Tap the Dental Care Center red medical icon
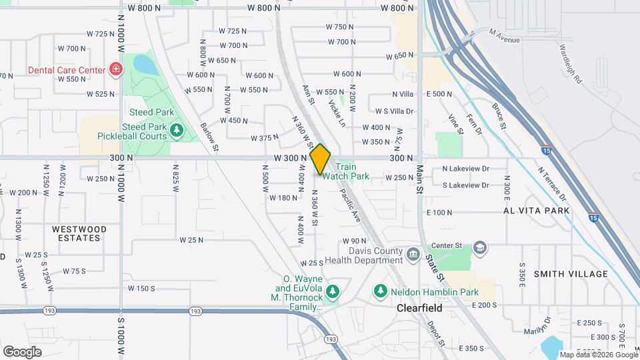116,69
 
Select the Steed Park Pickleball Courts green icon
177,129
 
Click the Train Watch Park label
352,171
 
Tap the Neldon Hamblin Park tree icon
380,291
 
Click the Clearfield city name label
420,309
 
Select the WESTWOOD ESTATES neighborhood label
79,233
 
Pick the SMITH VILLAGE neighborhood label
571,274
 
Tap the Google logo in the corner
22,351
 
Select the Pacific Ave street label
350,204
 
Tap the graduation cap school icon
479,249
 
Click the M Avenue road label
504,36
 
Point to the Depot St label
437,333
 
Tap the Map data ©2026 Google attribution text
598,355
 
